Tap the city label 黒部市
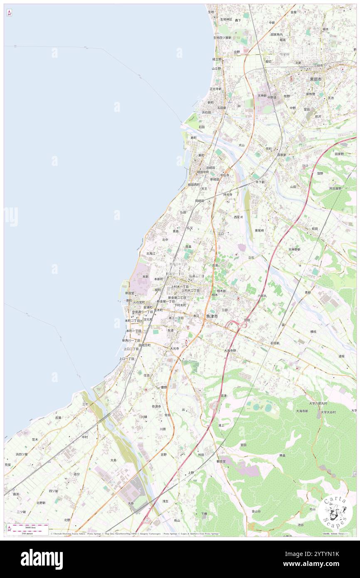point(316,79)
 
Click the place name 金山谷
point(256,511)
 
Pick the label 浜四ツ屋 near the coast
point(22,454)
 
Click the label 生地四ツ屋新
point(222,37)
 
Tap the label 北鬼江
point(150,253)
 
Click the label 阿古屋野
point(335,188)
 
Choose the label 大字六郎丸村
point(318,403)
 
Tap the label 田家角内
point(276,35)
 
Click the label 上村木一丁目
point(180,287)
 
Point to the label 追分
point(76,474)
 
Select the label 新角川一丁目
point(131,340)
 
